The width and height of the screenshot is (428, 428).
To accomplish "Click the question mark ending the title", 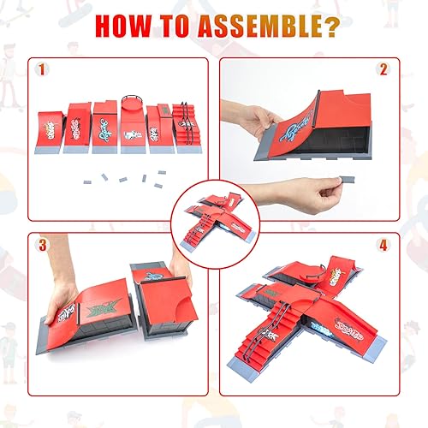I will (326, 25).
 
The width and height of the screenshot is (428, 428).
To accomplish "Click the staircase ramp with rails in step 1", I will (186, 127).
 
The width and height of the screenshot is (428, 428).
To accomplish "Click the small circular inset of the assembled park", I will (214, 214).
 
